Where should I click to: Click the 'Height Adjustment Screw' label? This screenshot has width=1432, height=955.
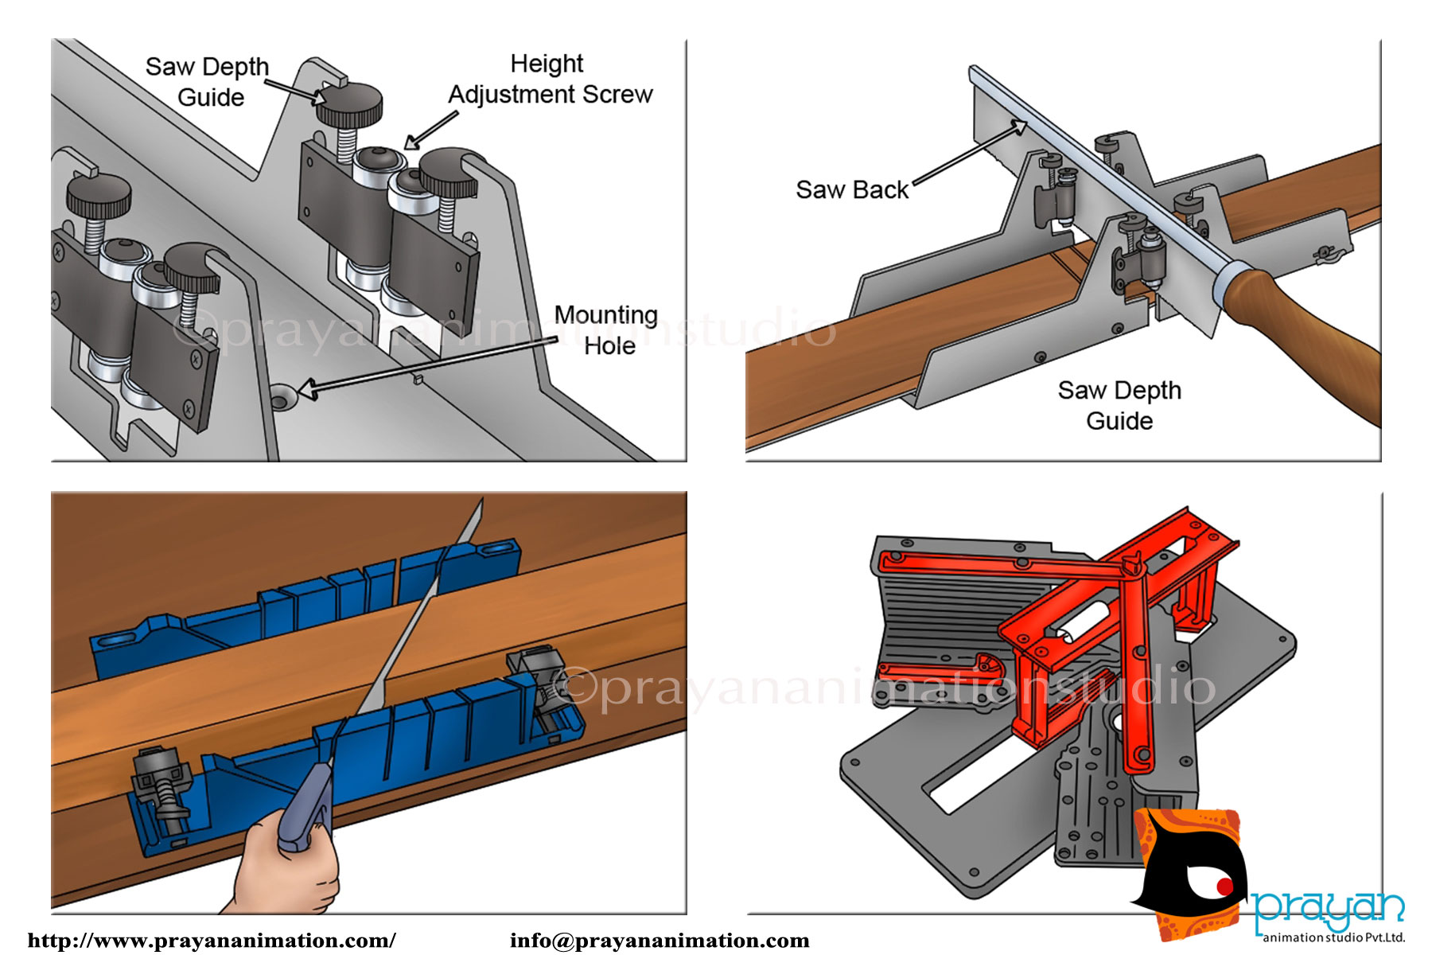(x=550, y=79)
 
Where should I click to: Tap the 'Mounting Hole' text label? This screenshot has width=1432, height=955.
(x=606, y=330)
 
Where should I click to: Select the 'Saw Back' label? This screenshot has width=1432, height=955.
(x=851, y=189)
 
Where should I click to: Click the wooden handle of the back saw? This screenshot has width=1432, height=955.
(x=1305, y=334)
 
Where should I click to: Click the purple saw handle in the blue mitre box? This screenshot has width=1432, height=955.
(x=306, y=804)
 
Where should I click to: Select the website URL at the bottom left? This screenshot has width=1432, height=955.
(x=212, y=941)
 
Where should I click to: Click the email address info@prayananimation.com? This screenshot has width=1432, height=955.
(x=660, y=941)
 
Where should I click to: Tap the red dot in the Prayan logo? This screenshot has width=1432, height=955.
(x=1224, y=887)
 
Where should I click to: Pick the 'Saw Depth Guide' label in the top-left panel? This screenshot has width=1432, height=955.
(x=208, y=81)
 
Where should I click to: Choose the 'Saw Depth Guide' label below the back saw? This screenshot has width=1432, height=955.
(x=1119, y=405)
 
